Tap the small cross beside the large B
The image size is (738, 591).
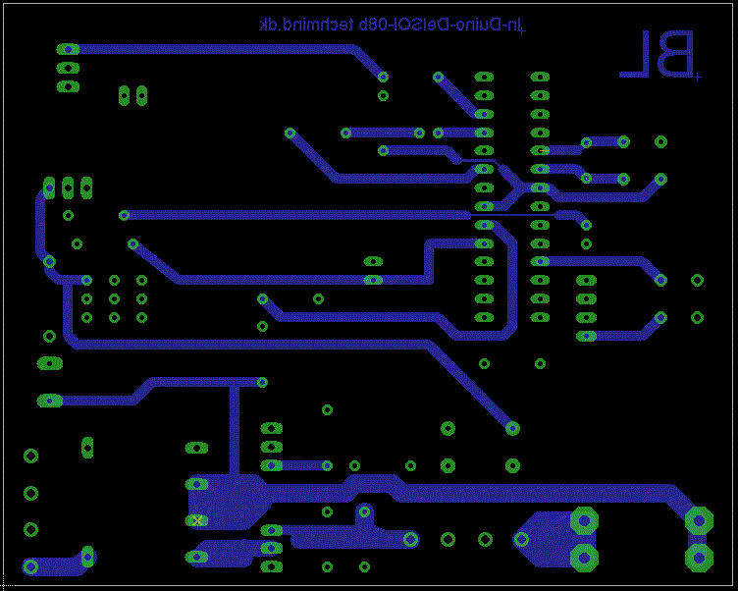697,76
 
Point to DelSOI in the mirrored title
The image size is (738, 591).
415,26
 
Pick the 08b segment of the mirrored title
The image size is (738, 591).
368,26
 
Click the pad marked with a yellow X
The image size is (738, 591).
197,520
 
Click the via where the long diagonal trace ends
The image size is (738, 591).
512,428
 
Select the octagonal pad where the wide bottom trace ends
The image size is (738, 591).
698,520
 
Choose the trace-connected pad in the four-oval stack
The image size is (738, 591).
586,336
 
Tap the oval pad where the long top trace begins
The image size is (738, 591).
68,49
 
